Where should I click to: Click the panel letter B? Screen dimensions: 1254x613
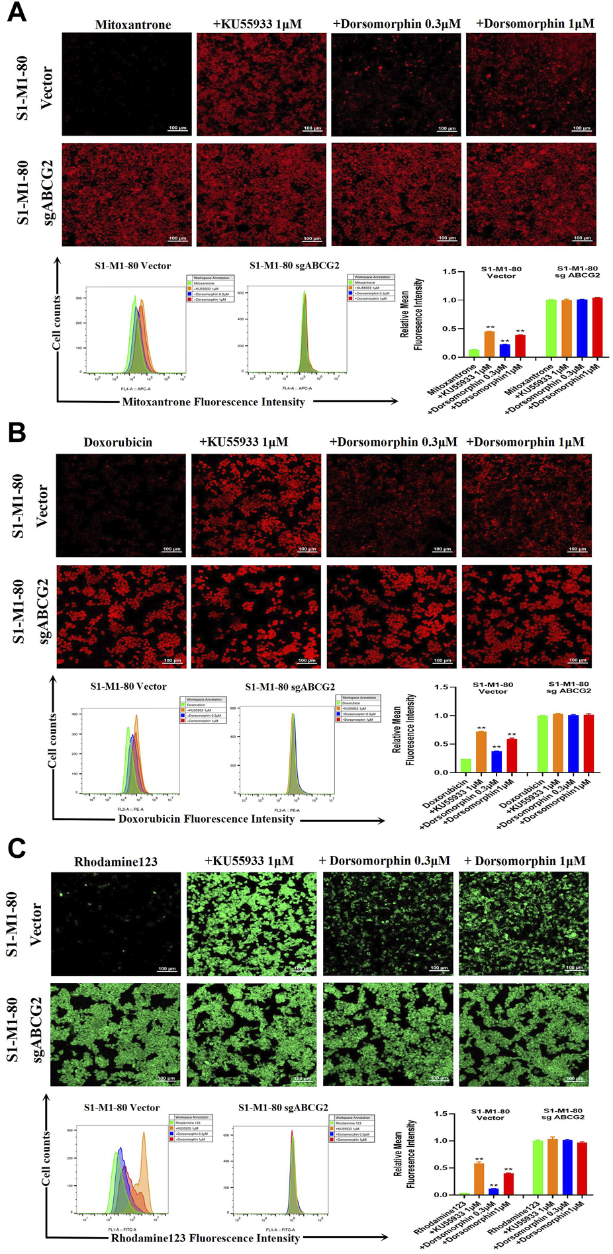(x=17, y=433)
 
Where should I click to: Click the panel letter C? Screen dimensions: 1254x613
(x=17, y=849)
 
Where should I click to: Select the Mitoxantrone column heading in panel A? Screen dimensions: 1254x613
(x=133, y=25)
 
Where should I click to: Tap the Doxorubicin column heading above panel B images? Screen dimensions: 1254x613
(x=118, y=442)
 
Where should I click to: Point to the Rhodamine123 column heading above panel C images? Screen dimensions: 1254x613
(x=116, y=862)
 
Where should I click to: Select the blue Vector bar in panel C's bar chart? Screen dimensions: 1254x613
(x=493, y=1191)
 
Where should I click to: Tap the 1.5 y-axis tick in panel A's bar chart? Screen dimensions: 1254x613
(x=449, y=272)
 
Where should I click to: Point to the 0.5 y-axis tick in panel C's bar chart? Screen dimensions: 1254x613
(x=441, y=1168)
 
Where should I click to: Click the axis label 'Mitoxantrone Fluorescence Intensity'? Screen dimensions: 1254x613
(x=213, y=402)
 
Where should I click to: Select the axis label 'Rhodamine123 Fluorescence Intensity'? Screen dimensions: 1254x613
(x=205, y=1238)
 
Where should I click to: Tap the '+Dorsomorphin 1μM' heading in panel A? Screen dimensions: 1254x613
(x=535, y=24)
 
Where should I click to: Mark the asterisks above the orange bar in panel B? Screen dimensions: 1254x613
(x=481, y=728)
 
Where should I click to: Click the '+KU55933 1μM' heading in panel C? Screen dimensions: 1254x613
(x=249, y=861)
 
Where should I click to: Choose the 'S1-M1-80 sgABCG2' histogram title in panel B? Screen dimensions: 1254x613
(x=290, y=687)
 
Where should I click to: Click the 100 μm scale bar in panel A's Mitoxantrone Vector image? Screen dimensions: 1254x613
(x=177, y=128)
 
